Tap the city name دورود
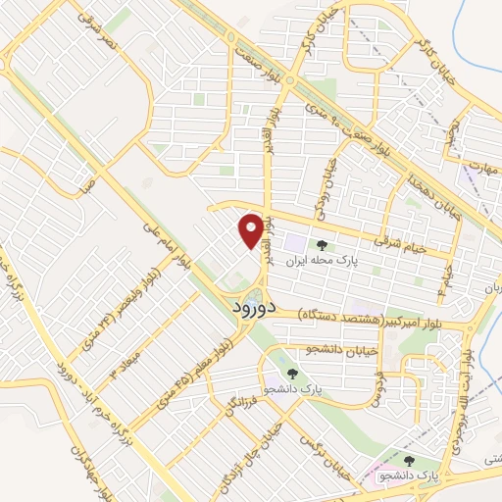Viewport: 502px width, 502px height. [256, 307]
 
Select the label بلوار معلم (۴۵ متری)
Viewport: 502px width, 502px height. [185, 365]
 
